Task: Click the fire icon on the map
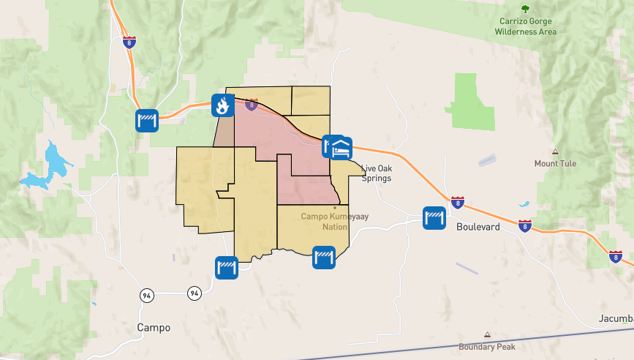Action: tap(222, 105)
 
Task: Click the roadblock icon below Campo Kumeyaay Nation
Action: tap(324, 257)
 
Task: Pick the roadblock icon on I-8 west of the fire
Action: tap(147, 120)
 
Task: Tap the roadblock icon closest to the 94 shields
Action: tap(227, 267)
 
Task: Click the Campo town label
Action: tap(154, 328)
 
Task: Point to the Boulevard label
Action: tap(478, 227)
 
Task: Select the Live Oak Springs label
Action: tap(377, 173)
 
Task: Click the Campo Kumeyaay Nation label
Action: tap(325, 222)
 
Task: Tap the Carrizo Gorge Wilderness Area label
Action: tap(525, 27)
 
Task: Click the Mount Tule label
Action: tap(555, 163)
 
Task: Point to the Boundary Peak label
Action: tap(486, 346)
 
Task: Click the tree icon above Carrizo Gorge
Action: tap(525, 9)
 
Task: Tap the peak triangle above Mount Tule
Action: tap(555, 151)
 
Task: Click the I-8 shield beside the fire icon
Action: tap(252, 105)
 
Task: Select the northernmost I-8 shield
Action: tap(129, 42)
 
